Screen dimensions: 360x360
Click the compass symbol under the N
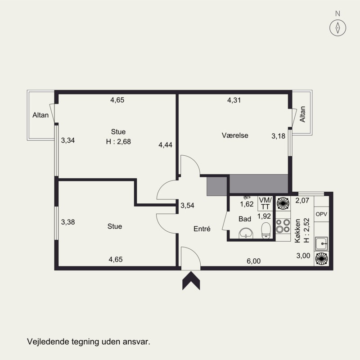pyautogui.click(x=338, y=28)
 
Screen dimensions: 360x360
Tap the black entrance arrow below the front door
pyautogui.click(x=191, y=280)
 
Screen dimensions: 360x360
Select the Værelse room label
pyautogui.click(x=235, y=135)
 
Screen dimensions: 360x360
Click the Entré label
pyautogui.click(x=202, y=229)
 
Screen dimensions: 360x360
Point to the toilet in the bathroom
pyautogui.click(x=266, y=230)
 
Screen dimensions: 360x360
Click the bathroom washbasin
pyautogui.click(x=246, y=234)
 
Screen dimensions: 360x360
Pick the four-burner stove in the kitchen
pyautogui.click(x=283, y=226)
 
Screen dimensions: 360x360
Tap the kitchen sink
pyautogui.click(x=321, y=243)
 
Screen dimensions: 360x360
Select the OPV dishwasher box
pyautogui.click(x=321, y=214)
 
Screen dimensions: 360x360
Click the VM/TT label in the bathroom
pyautogui.click(x=265, y=203)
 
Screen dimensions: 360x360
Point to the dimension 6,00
pyautogui.click(x=253, y=261)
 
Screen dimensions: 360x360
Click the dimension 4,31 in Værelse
pyautogui.click(x=234, y=100)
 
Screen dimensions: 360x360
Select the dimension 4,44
pyautogui.click(x=165, y=145)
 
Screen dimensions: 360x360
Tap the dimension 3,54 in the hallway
pyautogui.click(x=187, y=205)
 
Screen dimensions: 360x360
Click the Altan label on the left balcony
pyautogui.click(x=40, y=115)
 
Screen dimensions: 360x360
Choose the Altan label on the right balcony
pyautogui.click(x=302, y=114)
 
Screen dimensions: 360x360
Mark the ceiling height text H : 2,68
pyautogui.click(x=118, y=142)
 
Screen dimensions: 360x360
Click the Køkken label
pyautogui.click(x=297, y=231)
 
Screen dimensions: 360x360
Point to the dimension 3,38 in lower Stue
pyautogui.click(x=68, y=222)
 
